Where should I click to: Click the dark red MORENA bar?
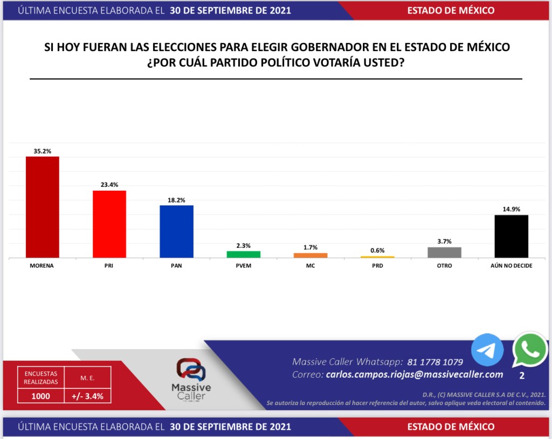tap(43, 207)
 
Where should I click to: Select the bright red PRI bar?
tap(109, 224)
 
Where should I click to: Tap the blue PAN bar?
tap(176, 232)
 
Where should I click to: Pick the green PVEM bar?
tap(243, 254)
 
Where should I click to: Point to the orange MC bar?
tap(310, 255)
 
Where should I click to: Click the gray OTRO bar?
tap(444, 253)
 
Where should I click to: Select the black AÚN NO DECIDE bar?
tap(511, 236)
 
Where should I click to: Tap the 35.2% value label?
tap(43, 151)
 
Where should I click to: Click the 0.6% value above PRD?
tap(377, 250)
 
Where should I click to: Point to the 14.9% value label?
tap(511, 210)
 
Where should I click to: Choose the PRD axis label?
tap(377, 266)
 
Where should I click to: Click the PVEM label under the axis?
tap(243, 266)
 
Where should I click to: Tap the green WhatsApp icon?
tap(530, 350)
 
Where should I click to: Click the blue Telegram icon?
tap(487, 350)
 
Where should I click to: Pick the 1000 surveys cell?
tap(40, 396)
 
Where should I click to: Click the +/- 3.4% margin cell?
tap(87, 396)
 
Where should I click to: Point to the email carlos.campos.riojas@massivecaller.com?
tap(415, 374)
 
